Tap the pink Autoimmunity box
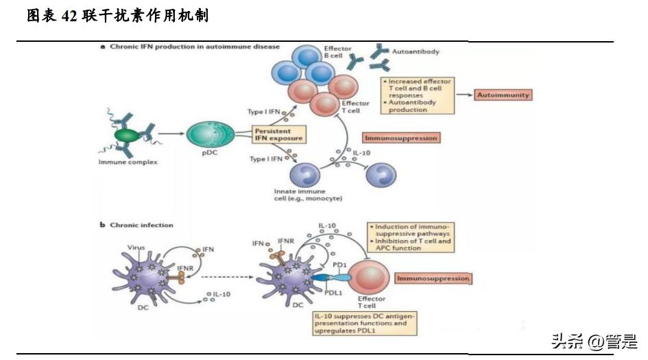(x=503, y=95)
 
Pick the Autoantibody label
(x=415, y=51)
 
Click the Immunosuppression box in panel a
(x=401, y=138)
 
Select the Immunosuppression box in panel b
(x=433, y=279)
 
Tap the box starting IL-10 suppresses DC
(x=364, y=323)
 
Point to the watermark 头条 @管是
(x=593, y=341)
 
